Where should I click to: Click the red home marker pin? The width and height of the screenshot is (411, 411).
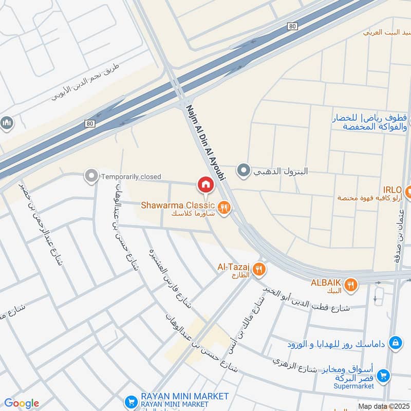click(x=205, y=184)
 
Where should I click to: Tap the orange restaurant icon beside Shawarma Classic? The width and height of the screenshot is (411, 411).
click(x=224, y=208)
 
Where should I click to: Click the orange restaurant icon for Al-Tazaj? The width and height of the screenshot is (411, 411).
click(x=259, y=268)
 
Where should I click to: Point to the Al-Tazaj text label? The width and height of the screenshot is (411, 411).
click(x=234, y=267)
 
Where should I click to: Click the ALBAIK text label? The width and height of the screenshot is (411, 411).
click(x=326, y=283)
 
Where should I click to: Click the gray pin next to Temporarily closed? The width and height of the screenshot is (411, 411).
click(x=91, y=177)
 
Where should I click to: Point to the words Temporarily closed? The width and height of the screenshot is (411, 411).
click(x=131, y=177)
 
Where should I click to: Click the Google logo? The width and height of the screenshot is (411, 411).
click(x=21, y=403)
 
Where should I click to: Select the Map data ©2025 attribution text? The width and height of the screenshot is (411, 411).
click(x=383, y=406)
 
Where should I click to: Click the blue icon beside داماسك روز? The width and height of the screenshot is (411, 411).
click(x=395, y=342)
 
